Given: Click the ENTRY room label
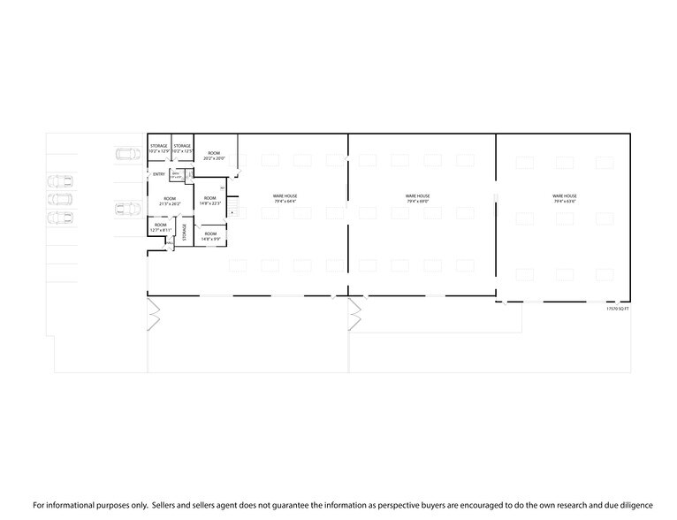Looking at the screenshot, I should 159,174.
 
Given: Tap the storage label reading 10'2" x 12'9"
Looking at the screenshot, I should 158,149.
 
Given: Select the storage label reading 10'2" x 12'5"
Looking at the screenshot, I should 182,149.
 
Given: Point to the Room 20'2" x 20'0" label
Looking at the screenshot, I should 214,156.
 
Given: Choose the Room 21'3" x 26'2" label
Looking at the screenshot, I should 169,201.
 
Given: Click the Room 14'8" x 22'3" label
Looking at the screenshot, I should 210,201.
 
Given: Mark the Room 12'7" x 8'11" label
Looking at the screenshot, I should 160,227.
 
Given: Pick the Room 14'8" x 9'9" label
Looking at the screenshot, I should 210,236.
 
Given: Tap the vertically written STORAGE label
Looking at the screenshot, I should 185,232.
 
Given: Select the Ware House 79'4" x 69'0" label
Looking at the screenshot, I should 417,198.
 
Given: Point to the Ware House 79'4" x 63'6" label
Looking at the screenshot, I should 564,198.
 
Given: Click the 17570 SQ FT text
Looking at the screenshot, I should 617,310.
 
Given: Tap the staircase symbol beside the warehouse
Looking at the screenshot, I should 233,208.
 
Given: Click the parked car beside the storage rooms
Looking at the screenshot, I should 127,154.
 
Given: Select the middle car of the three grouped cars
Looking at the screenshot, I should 61,198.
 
